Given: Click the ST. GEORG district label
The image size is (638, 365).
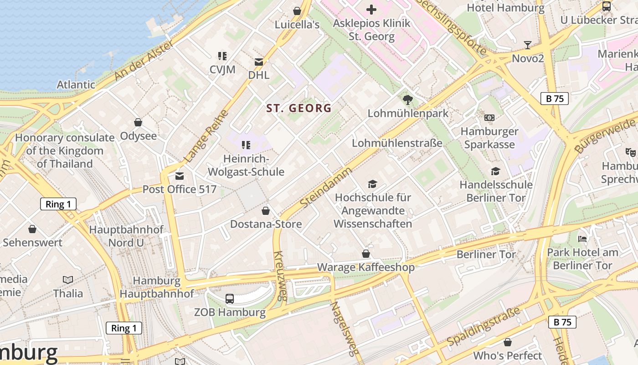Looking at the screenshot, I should [299, 108].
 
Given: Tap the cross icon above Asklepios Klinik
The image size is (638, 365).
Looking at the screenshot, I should [371, 9].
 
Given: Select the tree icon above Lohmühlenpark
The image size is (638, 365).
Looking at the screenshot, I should [408, 99].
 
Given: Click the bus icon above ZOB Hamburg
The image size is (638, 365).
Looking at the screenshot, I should [230, 299].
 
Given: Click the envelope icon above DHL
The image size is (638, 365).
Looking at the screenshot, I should [259, 62].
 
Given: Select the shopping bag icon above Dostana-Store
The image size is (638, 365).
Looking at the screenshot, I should [266, 211].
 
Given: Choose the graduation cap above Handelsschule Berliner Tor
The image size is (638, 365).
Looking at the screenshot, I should [495, 172].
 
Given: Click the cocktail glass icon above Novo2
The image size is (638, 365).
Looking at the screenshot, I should [528, 45].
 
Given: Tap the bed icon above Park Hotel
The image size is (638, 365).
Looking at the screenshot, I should [582, 239].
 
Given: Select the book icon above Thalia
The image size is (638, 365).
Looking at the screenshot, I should [68, 280].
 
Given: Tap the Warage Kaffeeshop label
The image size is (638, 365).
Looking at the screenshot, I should [365, 267].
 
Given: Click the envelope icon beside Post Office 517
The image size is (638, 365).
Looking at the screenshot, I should [180, 176].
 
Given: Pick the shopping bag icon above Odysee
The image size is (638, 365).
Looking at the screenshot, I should [138, 122].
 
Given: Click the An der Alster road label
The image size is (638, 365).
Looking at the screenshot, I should [144, 60].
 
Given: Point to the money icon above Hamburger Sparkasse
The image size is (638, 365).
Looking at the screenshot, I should [489, 118].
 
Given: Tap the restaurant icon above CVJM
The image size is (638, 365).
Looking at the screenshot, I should [222, 56].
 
